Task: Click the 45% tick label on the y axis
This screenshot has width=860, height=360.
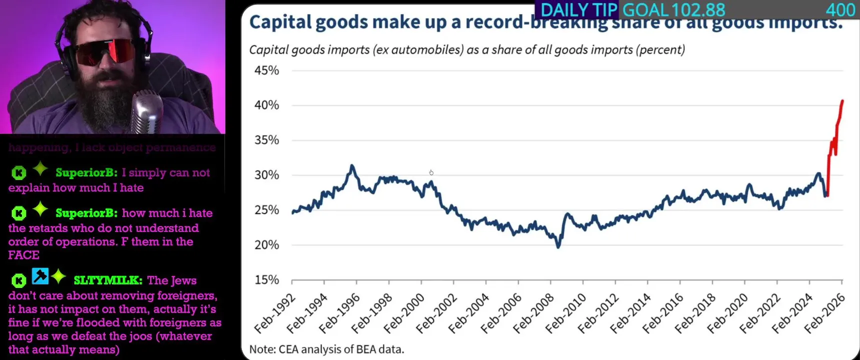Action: [266, 70]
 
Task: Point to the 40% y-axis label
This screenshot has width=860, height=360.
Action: [266, 105]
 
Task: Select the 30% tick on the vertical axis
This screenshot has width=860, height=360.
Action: [266, 175]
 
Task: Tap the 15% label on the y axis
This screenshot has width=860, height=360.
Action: [266, 280]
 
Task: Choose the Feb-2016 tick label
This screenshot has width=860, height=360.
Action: [663, 314]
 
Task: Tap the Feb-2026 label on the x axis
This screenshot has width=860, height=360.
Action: [824, 314]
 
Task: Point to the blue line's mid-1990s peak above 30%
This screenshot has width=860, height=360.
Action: [352, 166]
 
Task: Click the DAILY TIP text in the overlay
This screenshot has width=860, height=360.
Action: [579, 10]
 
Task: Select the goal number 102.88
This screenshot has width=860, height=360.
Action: [698, 10]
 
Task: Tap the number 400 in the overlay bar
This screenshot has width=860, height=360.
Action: [840, 10]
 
